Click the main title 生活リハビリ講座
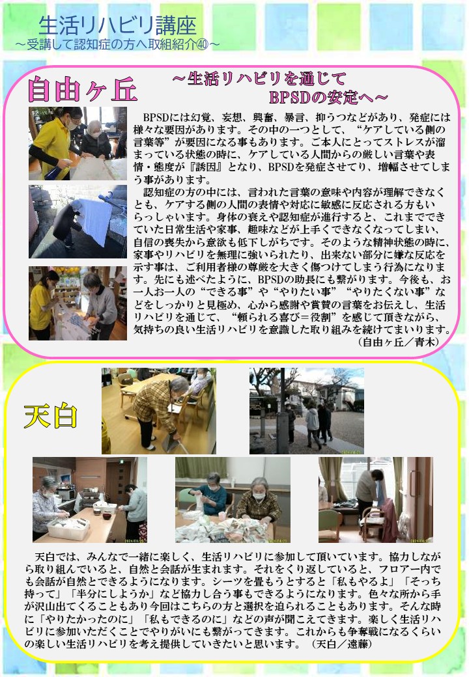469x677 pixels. [x=117, y=25]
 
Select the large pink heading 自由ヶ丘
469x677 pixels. [x=82, y=90]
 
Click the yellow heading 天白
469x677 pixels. [x=51, y=416]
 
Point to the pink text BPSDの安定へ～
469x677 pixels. [x=328, y=98]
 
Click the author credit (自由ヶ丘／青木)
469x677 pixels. [x=399, y=342]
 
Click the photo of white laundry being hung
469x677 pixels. [x=78, y=221]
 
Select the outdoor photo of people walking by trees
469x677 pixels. [x=307, y=411]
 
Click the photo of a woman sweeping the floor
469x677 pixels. [x=159, y=411]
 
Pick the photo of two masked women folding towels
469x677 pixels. [x=233, y=500]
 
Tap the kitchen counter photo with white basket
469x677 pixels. [x=90, y=500]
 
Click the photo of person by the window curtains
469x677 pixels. [x=376, y=500]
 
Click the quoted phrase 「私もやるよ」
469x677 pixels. [x=373, y=581]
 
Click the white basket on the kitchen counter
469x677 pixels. [x=67, y=527]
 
